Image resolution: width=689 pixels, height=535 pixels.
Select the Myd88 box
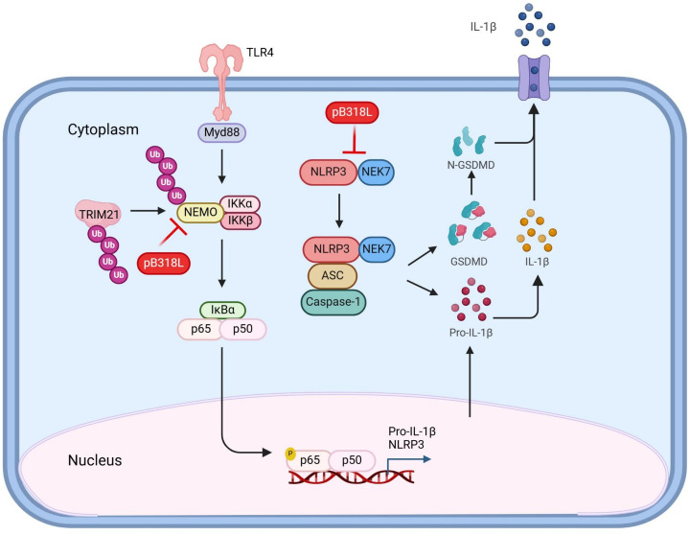[x=221, y=132]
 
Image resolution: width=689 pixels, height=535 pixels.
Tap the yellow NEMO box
[x=200, y=213]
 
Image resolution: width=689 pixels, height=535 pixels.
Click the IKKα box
[x=240, y=204]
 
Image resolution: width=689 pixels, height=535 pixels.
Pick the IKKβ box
[x=241, y=221]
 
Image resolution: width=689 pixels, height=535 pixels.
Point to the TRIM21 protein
[x=98, y=214]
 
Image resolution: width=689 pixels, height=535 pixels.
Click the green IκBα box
[x=222, y=310]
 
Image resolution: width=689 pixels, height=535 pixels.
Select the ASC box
[x=333, y=275]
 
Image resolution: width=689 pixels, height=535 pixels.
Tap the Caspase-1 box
[x=333, y=302]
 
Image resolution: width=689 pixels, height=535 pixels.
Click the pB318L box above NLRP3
[x=352, y=112]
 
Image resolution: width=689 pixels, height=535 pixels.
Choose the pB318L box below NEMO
[x=164, y=263]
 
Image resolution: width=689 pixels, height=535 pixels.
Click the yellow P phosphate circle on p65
[x=290, y=453]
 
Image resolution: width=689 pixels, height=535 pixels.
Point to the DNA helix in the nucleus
[x=351, y=477]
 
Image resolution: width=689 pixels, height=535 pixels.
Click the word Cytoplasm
[x=103, y=129]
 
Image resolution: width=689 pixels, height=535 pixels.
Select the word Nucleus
[x=95, y=460]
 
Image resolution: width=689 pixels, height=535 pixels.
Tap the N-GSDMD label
[x=471, y=165]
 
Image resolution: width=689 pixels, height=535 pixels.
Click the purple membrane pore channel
[x=534, y=78]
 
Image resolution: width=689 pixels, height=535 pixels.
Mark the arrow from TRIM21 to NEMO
[x=149, y=211]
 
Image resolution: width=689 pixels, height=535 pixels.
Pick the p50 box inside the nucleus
[x=352, y=460]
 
